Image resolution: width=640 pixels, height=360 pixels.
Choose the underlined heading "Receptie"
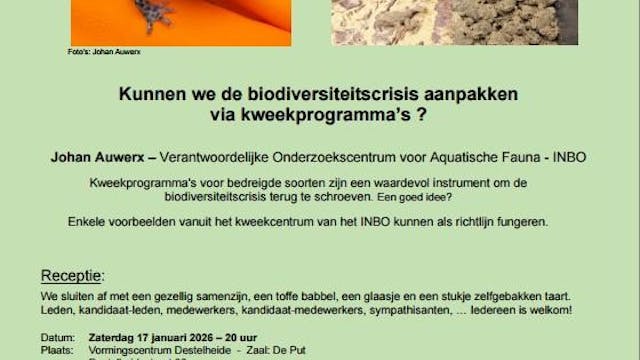point(72,275)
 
